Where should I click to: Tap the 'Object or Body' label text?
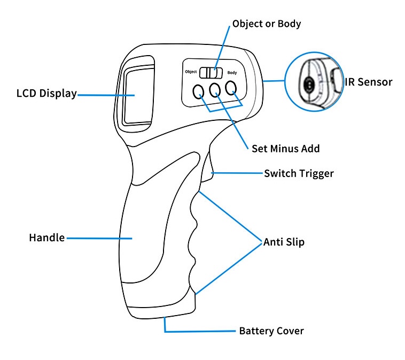[267, 24]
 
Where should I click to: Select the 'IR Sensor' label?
[369, 82]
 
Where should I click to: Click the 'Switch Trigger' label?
[299, 173]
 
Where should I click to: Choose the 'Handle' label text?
[46, 237]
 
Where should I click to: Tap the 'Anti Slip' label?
[284, 242]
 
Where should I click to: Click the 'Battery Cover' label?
[271, 331]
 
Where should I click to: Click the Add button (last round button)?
[231, 88]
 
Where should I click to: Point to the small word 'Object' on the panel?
[191, 72]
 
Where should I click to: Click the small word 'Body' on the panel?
[232, 72]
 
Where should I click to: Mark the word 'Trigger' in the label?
[316, 173]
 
